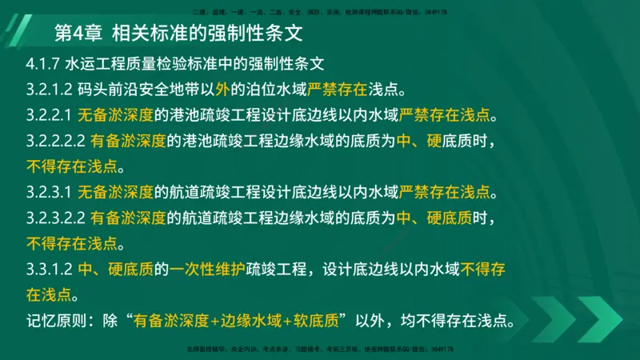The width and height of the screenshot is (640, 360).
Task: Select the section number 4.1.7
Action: pyautogui.click(x=42, y=65)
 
